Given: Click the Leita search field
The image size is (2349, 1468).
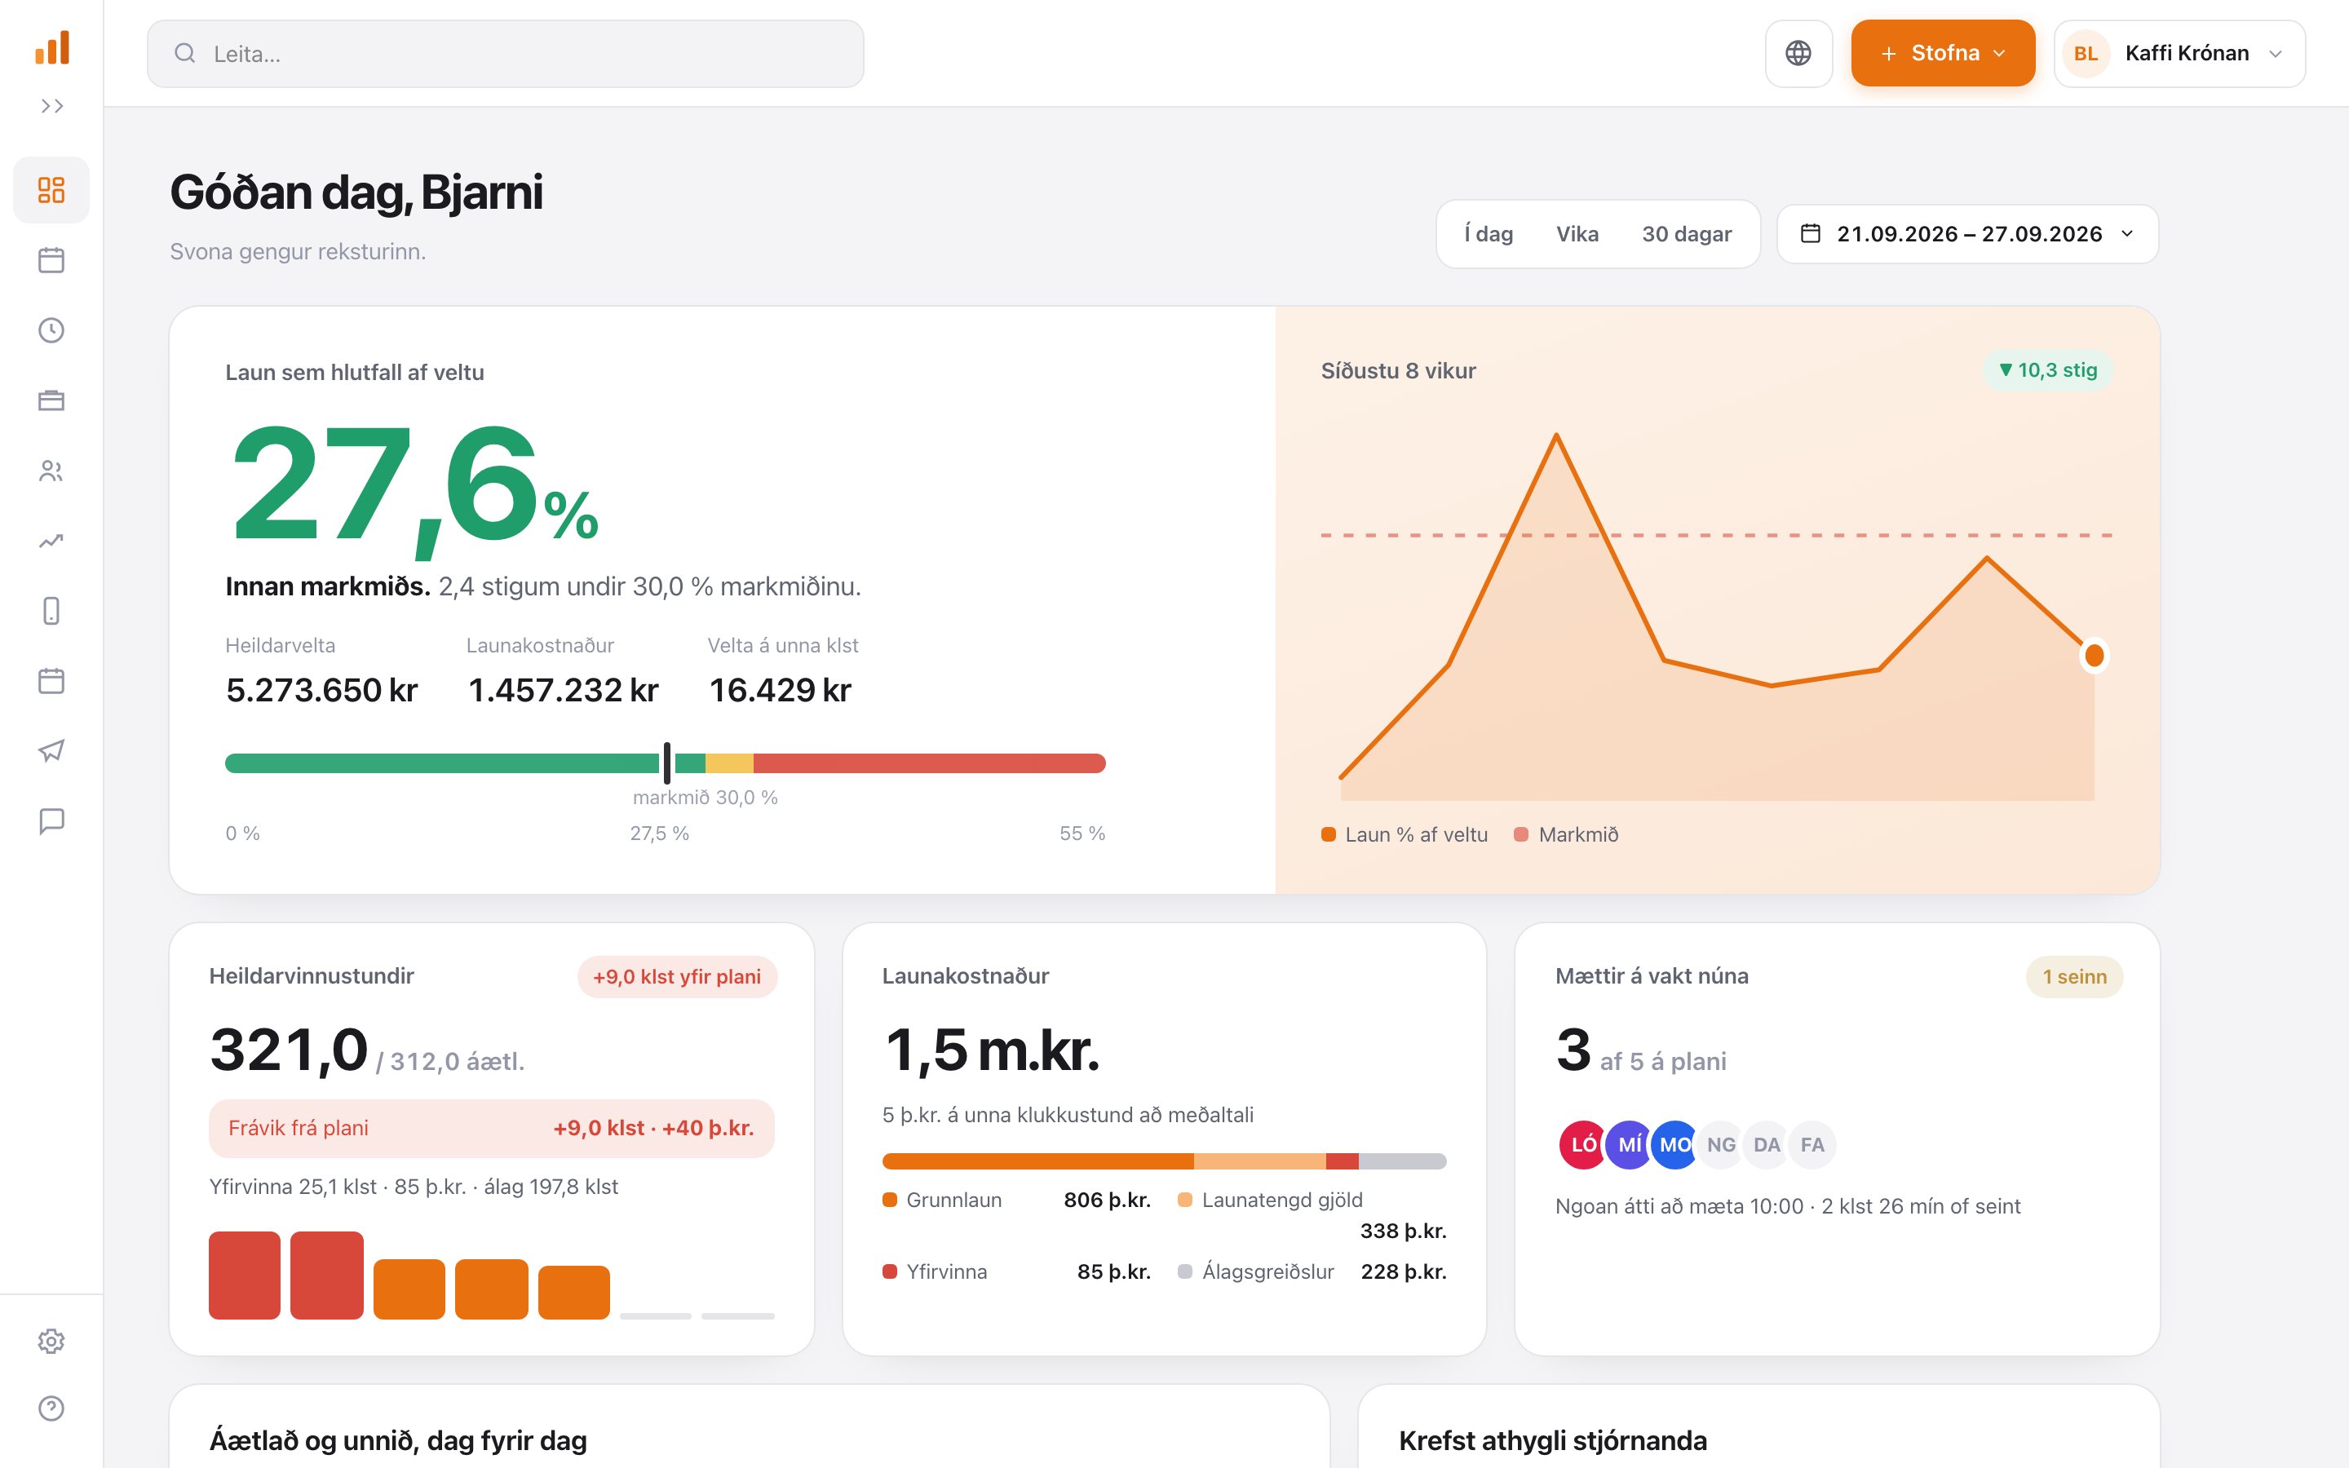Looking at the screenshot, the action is point(505,53).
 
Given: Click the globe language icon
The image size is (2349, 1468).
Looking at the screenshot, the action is point(1798,53).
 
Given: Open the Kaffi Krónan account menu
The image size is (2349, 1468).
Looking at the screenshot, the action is point(2179,53).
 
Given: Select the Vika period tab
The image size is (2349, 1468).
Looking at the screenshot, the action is point(1577,234).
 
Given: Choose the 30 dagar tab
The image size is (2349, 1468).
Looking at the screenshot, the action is point(1686,234).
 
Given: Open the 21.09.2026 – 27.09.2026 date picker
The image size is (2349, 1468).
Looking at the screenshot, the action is point(1967,234).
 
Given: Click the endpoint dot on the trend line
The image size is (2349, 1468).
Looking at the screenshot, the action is point(2094,657).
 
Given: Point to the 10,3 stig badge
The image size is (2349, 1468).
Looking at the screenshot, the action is point(2047,370).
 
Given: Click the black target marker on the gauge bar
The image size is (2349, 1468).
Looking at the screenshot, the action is point(667,763).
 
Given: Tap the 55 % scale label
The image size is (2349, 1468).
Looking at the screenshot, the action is point(1082,833).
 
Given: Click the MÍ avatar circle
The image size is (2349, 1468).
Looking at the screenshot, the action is point(1629,1145).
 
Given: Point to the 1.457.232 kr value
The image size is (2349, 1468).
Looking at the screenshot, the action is point(563,690).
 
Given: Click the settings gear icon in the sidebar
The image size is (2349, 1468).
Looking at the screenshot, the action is point(51,1341).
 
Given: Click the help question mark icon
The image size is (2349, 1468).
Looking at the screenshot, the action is point(51,1408).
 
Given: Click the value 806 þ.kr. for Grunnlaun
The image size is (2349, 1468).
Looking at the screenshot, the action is point(1107,1200).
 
